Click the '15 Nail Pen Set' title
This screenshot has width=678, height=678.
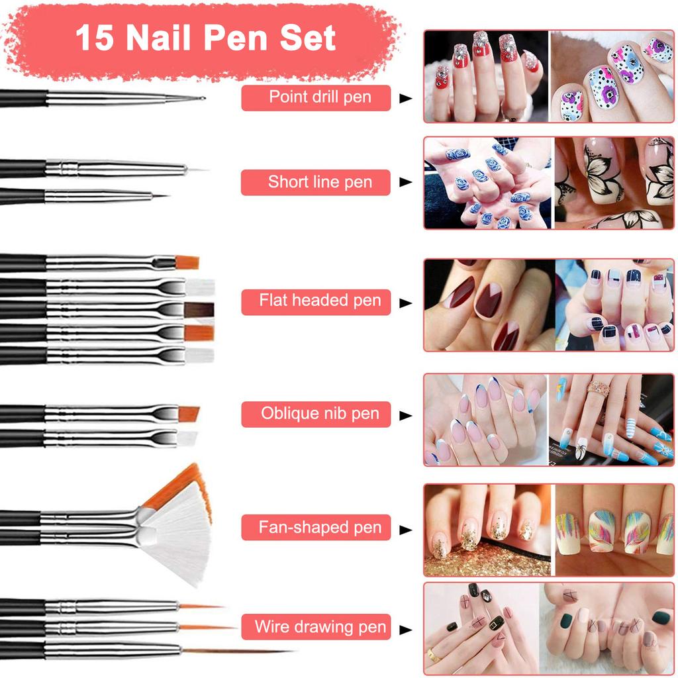[205, 38]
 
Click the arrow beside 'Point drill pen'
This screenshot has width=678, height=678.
[405, 99]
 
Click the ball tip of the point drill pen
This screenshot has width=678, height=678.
[201, 98]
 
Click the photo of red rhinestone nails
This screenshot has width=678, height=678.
[486, 75]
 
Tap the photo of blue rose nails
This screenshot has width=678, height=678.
[487, 183]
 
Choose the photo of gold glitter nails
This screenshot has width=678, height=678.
[487, 530]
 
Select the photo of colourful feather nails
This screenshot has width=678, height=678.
[614, 530]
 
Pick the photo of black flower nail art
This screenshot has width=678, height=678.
[614, 183]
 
